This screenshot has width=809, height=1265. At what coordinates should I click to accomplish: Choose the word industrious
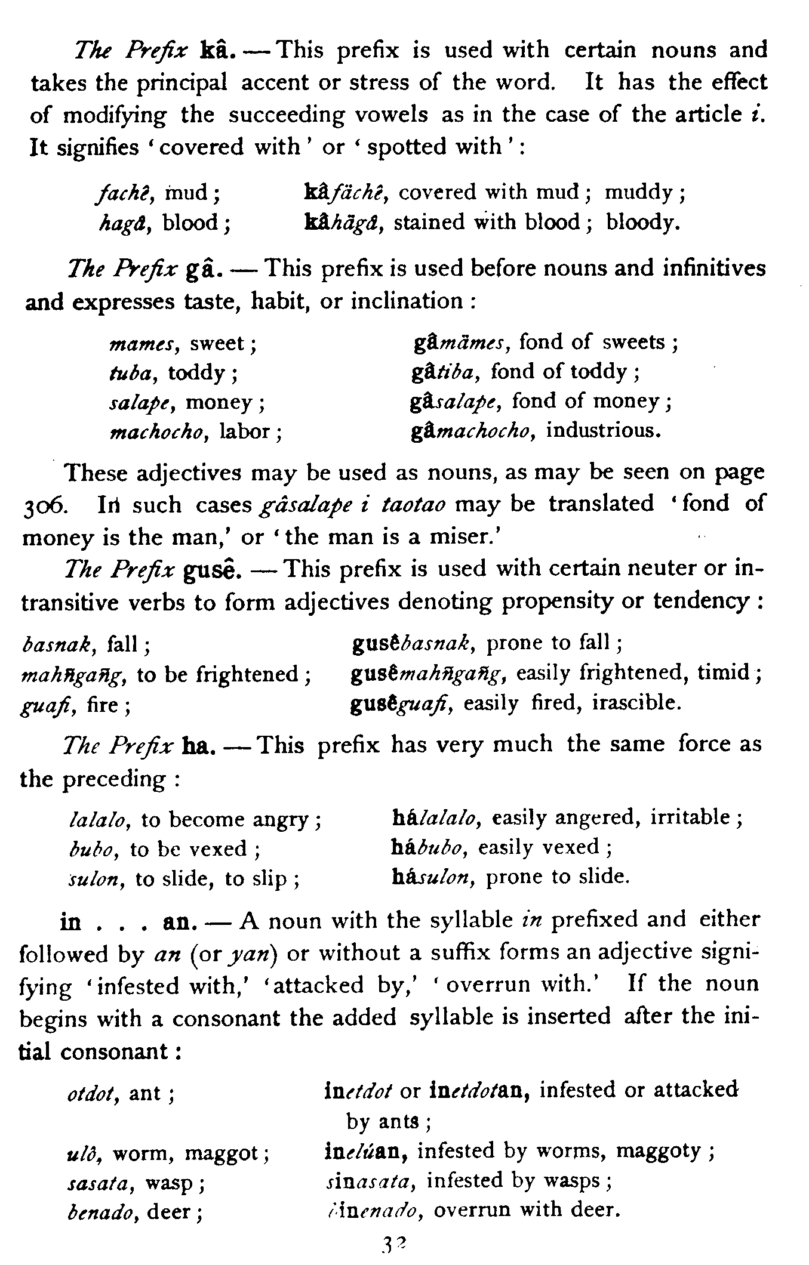tap(604, 430)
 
